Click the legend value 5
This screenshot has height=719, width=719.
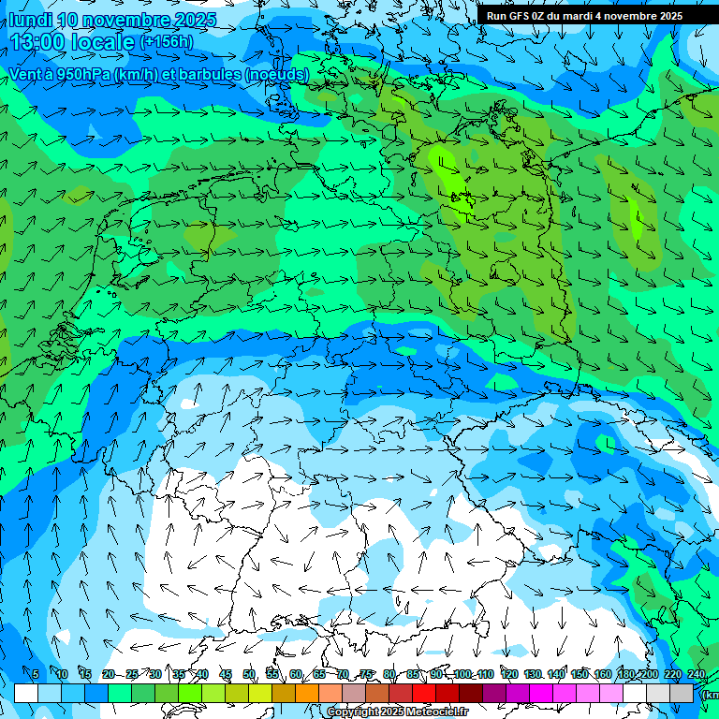[36, 674]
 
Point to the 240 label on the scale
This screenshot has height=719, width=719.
[696, 674]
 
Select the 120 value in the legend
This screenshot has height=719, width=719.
[509, 674]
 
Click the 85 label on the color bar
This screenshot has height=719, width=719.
[414, 674]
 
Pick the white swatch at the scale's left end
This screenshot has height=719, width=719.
[26, 693]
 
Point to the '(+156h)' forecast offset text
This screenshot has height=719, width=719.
[167, 42]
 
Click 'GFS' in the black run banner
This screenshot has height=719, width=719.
[519, 16]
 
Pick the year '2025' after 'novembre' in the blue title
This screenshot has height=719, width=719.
[194, 20]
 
